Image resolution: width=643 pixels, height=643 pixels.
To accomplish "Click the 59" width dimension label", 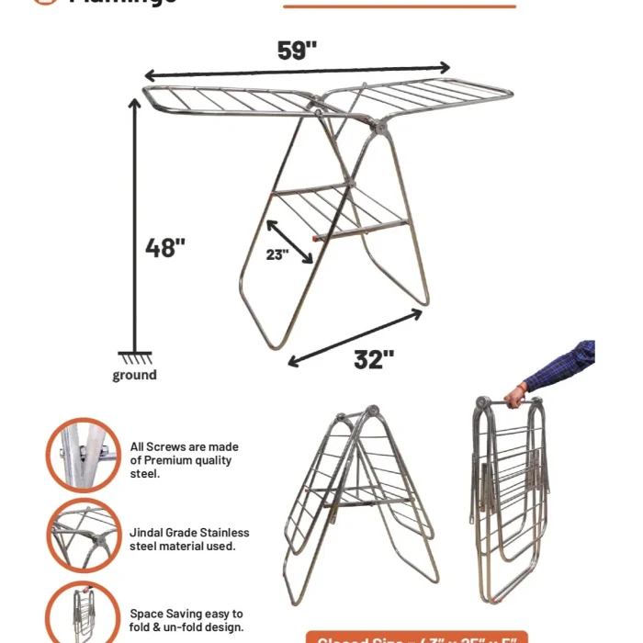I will click(297, 51).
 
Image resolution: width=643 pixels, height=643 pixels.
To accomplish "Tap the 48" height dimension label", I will click(165, 247).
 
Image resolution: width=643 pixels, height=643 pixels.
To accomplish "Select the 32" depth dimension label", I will click(374, 359).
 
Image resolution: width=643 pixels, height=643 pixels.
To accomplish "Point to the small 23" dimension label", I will click(277, 255).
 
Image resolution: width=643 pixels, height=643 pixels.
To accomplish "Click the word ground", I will click(134, 375).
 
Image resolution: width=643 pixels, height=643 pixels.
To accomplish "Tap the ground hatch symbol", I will click(135, 358).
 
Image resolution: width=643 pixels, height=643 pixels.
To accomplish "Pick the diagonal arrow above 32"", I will click(355, 338).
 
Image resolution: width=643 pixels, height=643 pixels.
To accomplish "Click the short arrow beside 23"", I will click(290, 241).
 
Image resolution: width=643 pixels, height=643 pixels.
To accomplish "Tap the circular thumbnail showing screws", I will click(84, 455).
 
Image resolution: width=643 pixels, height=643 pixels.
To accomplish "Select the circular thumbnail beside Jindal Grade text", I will click(84, 536).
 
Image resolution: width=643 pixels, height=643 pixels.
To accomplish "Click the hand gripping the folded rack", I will click(517, 395).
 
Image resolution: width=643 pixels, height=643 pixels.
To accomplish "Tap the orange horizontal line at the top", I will click(400, 6).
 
